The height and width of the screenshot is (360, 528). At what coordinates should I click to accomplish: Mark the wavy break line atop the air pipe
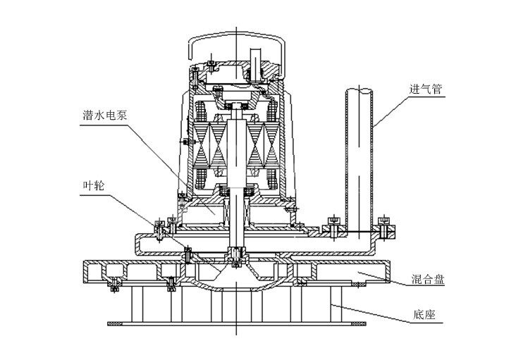point(360,89)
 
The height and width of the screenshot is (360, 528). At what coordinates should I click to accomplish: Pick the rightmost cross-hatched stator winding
point(274,149)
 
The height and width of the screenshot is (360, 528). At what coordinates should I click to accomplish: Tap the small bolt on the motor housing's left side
point(185,143)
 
